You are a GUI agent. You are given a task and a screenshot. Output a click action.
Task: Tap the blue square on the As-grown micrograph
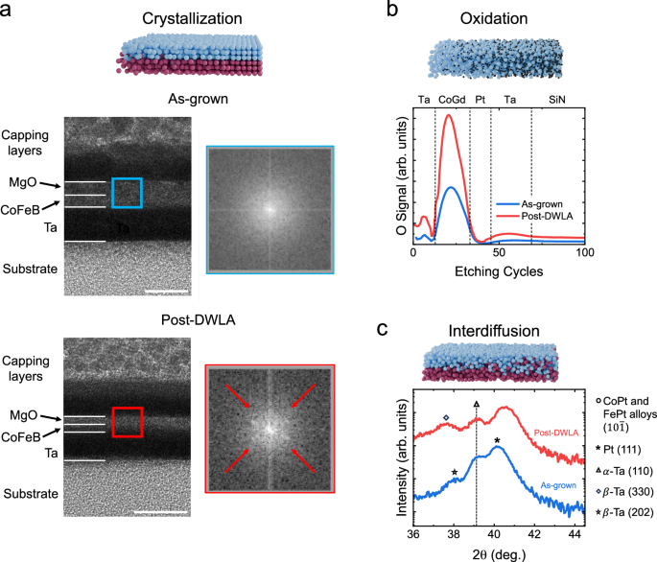pyautogui.click(x=127, y=192)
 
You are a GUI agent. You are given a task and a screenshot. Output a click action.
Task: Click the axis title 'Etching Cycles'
pyautogui.click(x=498, y=272)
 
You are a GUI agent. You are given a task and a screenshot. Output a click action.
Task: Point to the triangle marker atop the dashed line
pyautogui.click(x=477, y=405)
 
